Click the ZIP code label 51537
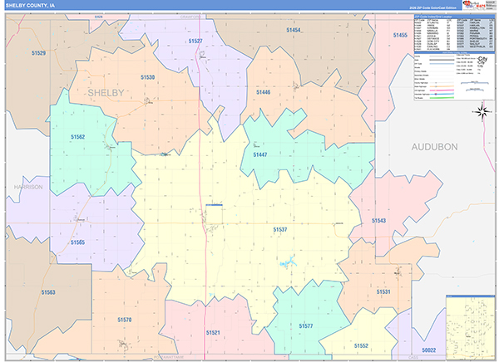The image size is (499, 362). (x=280, y=229)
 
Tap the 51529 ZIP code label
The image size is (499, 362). (x=38, y=53)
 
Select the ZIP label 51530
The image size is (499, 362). (x=147, y=77)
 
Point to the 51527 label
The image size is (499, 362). (x=195, y=41)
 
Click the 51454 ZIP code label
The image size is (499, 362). (x=293, y=30)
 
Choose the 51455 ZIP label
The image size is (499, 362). (x=400, y=35)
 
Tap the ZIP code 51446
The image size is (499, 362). (x=264, y=92)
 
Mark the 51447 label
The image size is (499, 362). (x=260, y=155)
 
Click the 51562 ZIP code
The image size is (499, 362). (x=77, y=136)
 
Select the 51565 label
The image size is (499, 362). (x=77, y=242)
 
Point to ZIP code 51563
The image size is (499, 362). (x=48, y=292)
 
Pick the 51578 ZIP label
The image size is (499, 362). (x=125, y=319)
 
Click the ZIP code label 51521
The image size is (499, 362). (x=214, y=332)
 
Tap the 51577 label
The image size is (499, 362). (x=306, y=326)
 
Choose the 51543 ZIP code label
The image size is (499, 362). (x=379, y=221)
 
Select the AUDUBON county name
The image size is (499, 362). (x=434, y=146)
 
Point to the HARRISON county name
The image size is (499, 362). (x=28, y=188)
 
